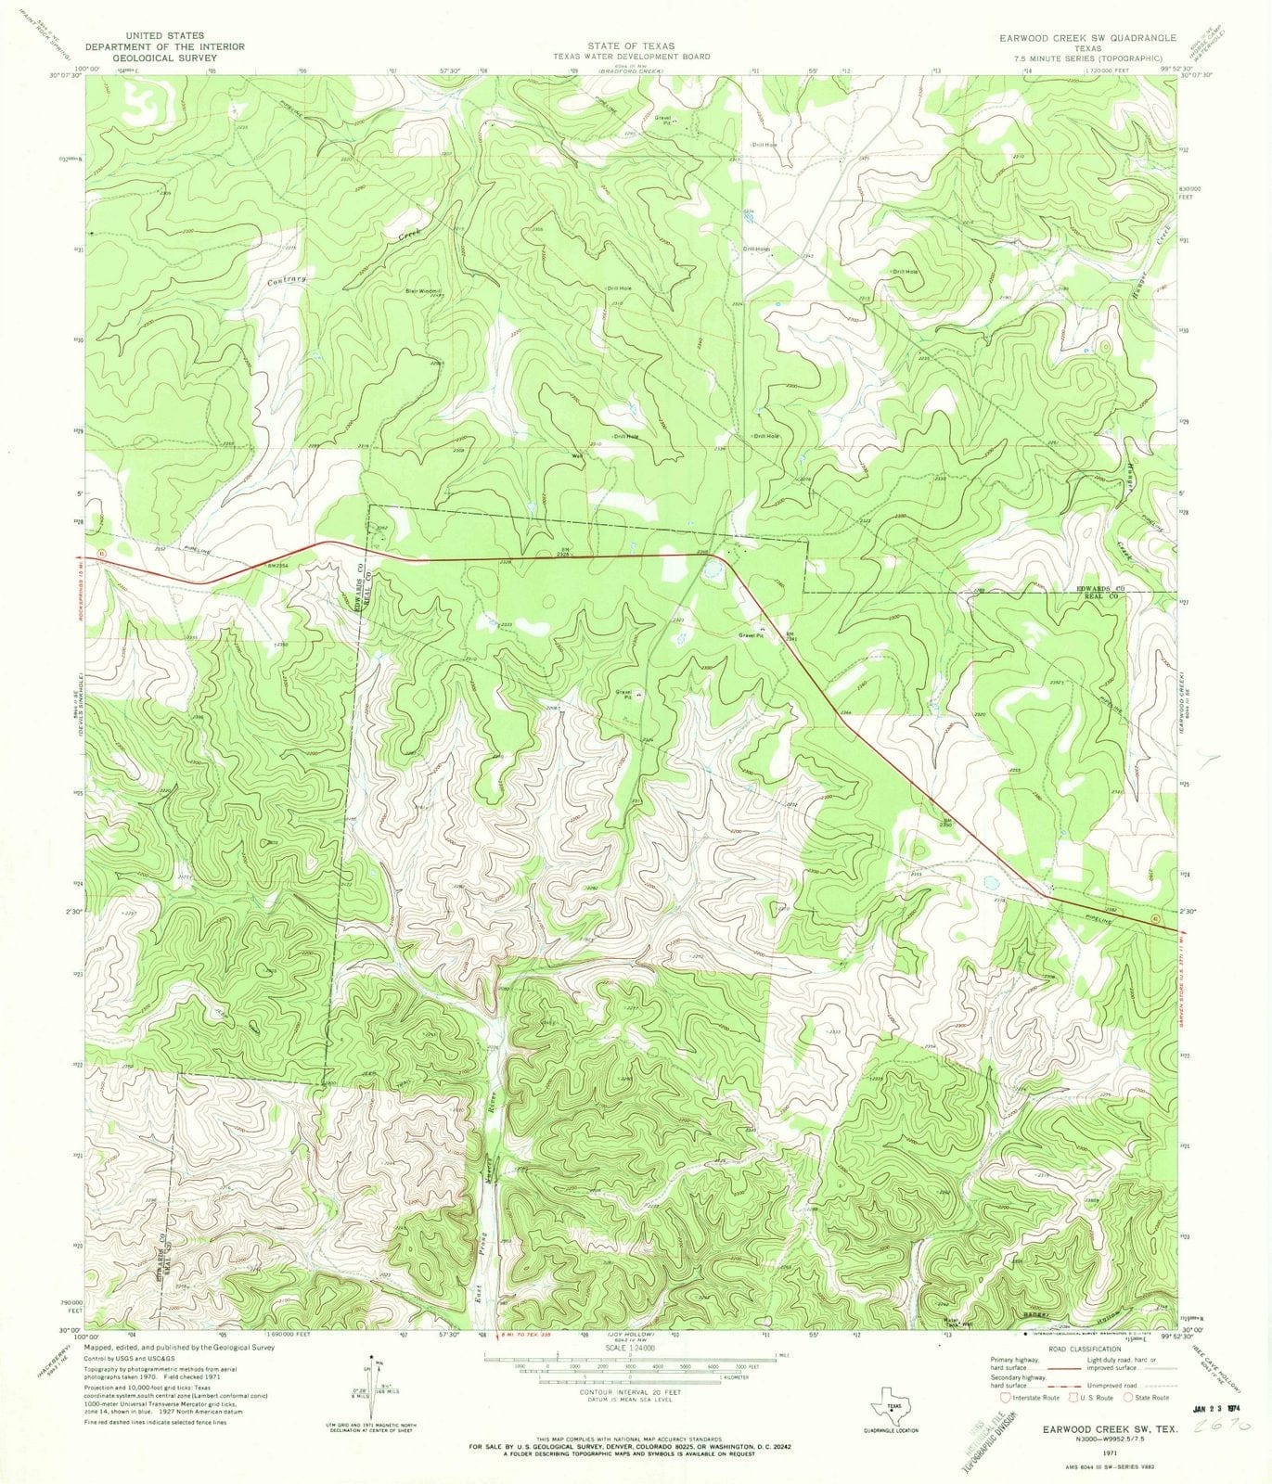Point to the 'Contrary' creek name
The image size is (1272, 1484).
286,278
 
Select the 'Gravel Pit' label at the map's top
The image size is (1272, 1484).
664,119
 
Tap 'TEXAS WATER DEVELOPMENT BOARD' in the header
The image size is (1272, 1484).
632,57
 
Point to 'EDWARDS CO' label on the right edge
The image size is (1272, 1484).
1099,587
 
